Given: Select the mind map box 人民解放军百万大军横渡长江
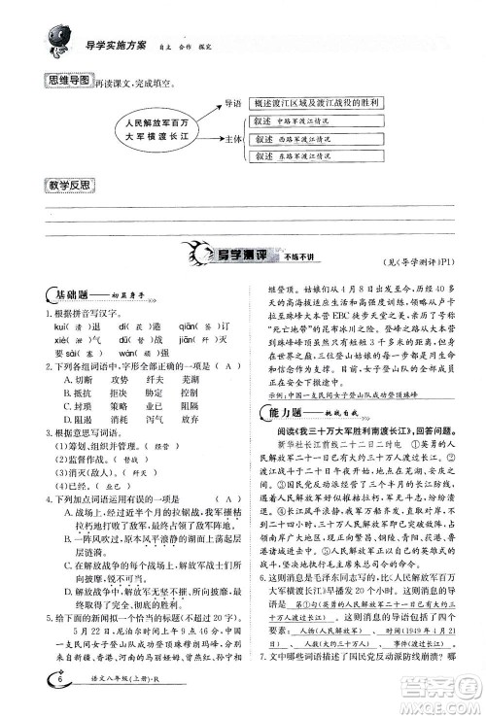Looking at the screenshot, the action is tap(145, 131).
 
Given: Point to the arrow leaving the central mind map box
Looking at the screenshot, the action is tap(201, 123).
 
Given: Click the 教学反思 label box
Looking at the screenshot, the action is tap(59, 186).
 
